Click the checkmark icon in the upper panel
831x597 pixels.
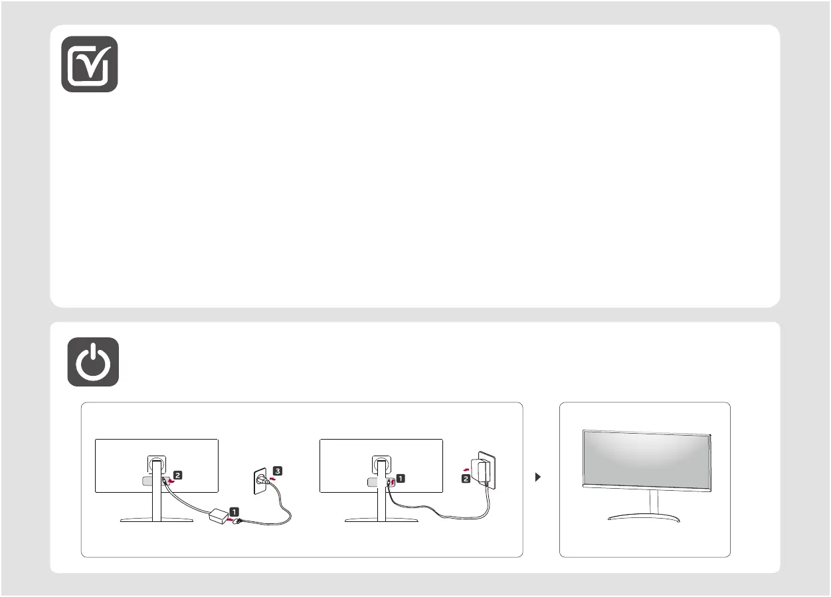90,64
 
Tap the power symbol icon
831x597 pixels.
93,362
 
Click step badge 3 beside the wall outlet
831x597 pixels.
278,471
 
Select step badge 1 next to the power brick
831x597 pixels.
235,512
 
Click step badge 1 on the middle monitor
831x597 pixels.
401,477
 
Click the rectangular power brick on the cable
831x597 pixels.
217,515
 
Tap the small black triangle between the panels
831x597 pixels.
538,477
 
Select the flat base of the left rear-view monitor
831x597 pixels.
157,521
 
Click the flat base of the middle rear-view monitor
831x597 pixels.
381,521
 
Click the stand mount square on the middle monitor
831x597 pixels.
381,463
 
